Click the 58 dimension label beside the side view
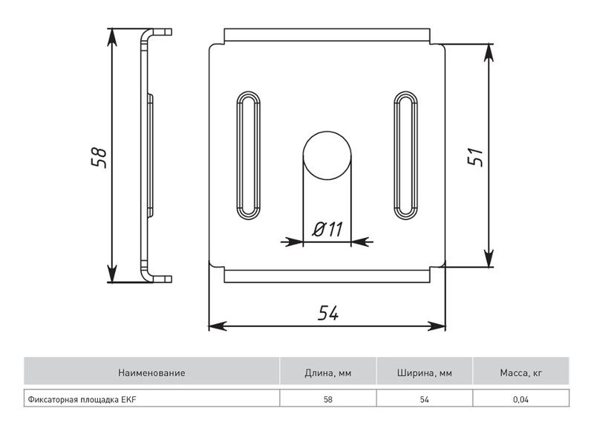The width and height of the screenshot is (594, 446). (x=99, y=157)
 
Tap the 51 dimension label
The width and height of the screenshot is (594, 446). (x=476, y=156)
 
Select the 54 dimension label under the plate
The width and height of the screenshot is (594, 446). (x=328, y=313)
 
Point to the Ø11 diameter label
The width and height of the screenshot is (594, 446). (x=327, y=229)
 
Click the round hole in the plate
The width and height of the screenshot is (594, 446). (x=327, y=155)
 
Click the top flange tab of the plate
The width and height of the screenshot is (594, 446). (x=327, y=34)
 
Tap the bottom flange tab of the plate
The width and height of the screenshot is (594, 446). (x=327, y=276)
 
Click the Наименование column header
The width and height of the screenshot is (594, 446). (x=151, y=373)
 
